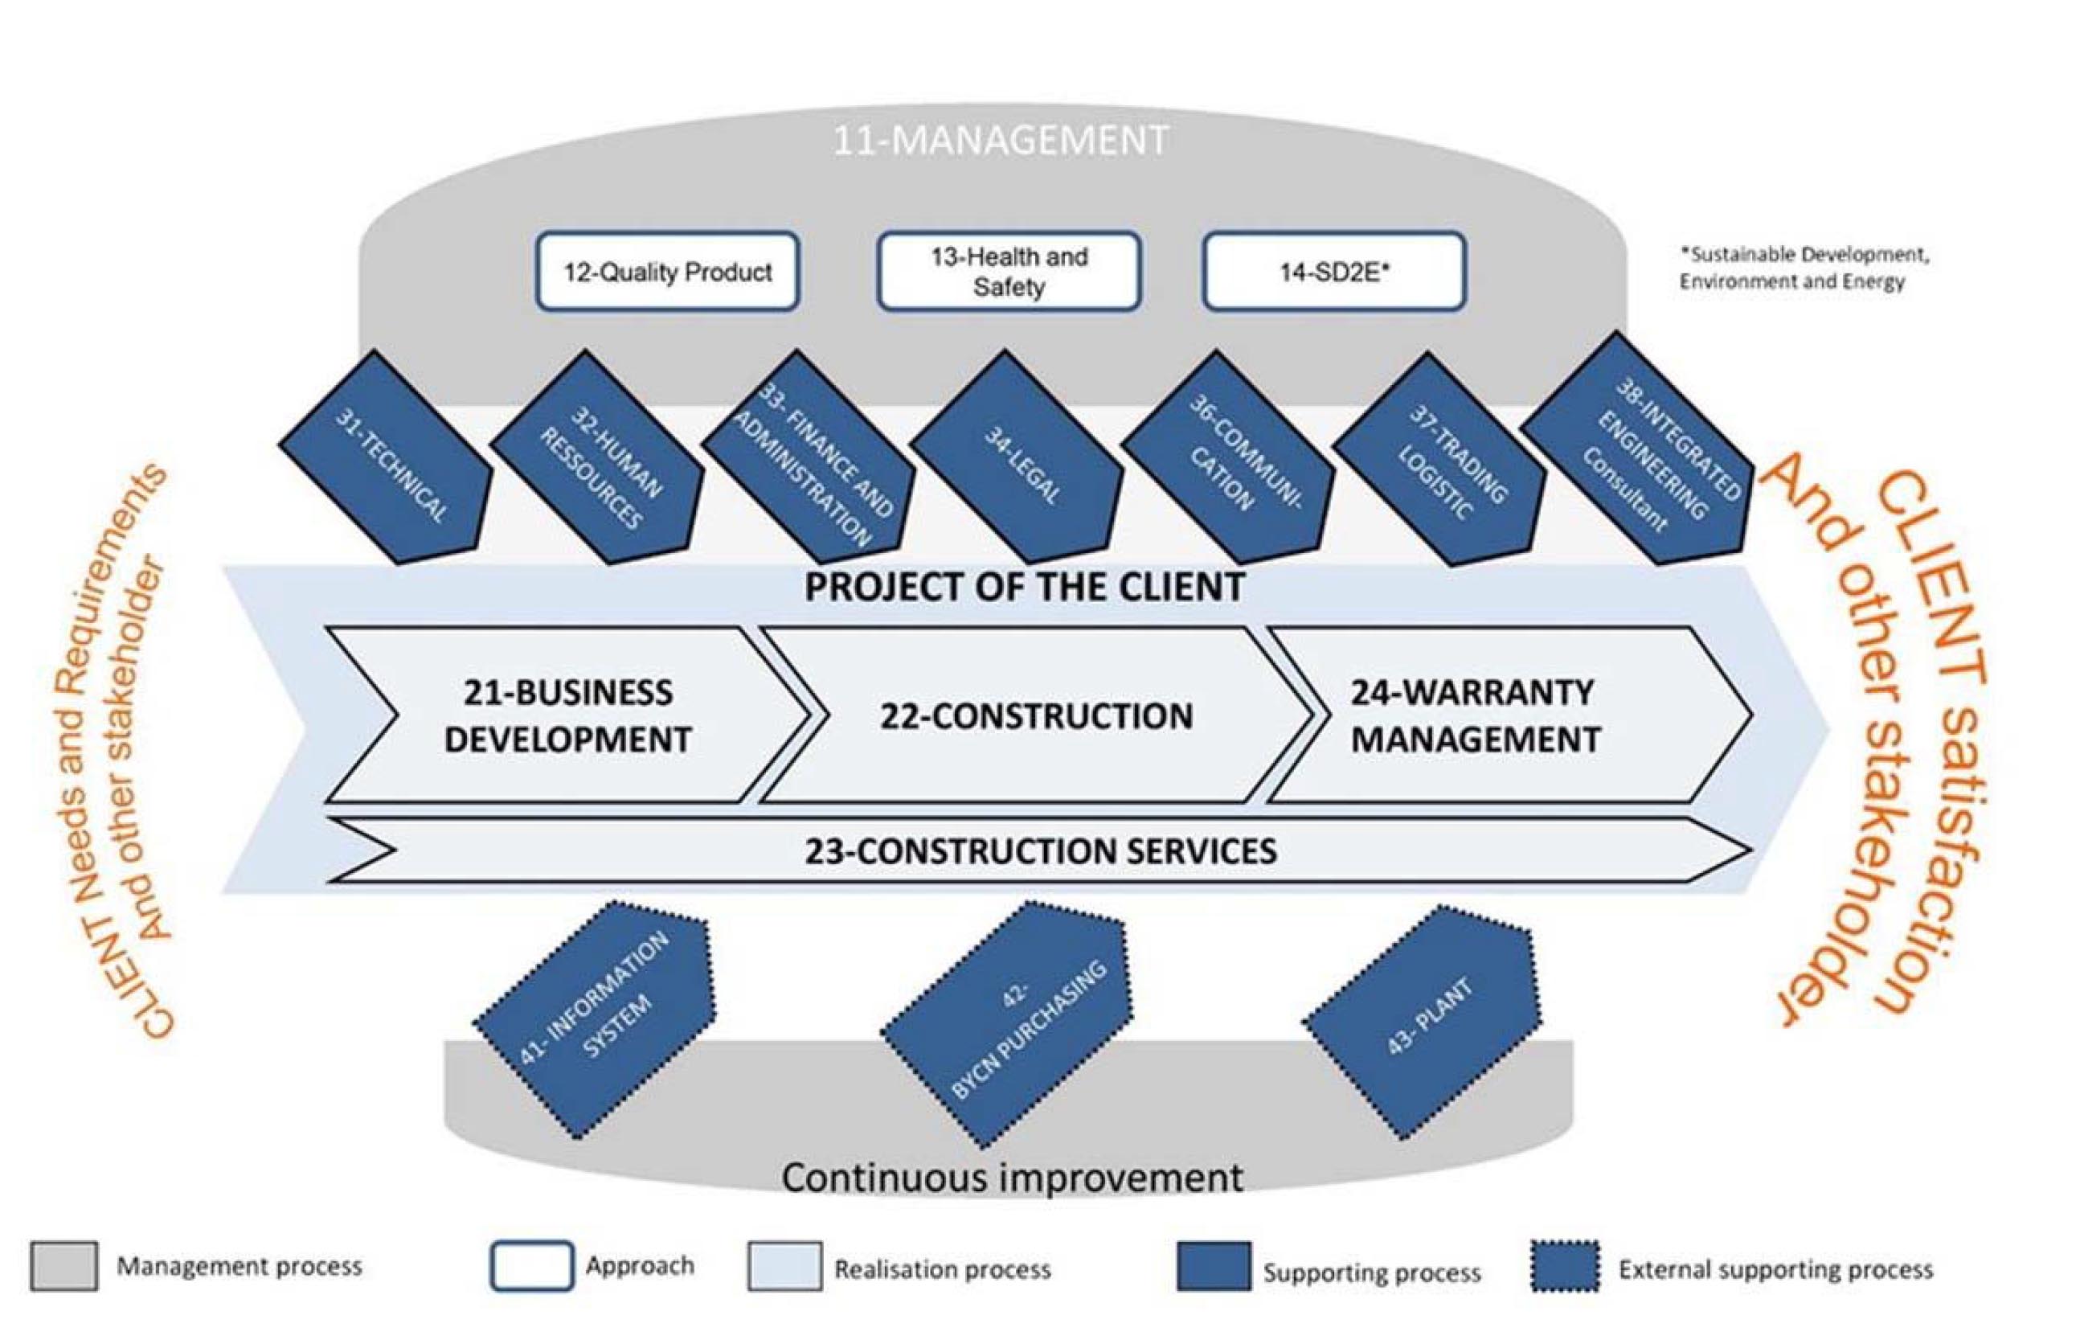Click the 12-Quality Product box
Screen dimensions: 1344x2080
[x=667, y=272]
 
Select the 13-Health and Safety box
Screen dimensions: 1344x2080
[x=1009, y=272]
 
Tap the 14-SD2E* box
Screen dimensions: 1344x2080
[x=1333, y=272]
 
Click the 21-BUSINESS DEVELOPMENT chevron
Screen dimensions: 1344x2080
[x=567, y=715]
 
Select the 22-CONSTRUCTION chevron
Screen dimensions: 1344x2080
[x=1036, y=715]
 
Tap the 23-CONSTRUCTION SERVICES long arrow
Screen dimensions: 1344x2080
[x=1040, y=851]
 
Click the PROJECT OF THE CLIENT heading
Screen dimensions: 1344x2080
[x=1023, y=588]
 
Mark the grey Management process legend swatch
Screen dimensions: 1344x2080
[x=63, y=1265]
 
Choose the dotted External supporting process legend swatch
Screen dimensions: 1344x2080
[x=1566, y=1266]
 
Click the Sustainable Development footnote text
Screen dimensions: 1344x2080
[x=1804, y=268]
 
